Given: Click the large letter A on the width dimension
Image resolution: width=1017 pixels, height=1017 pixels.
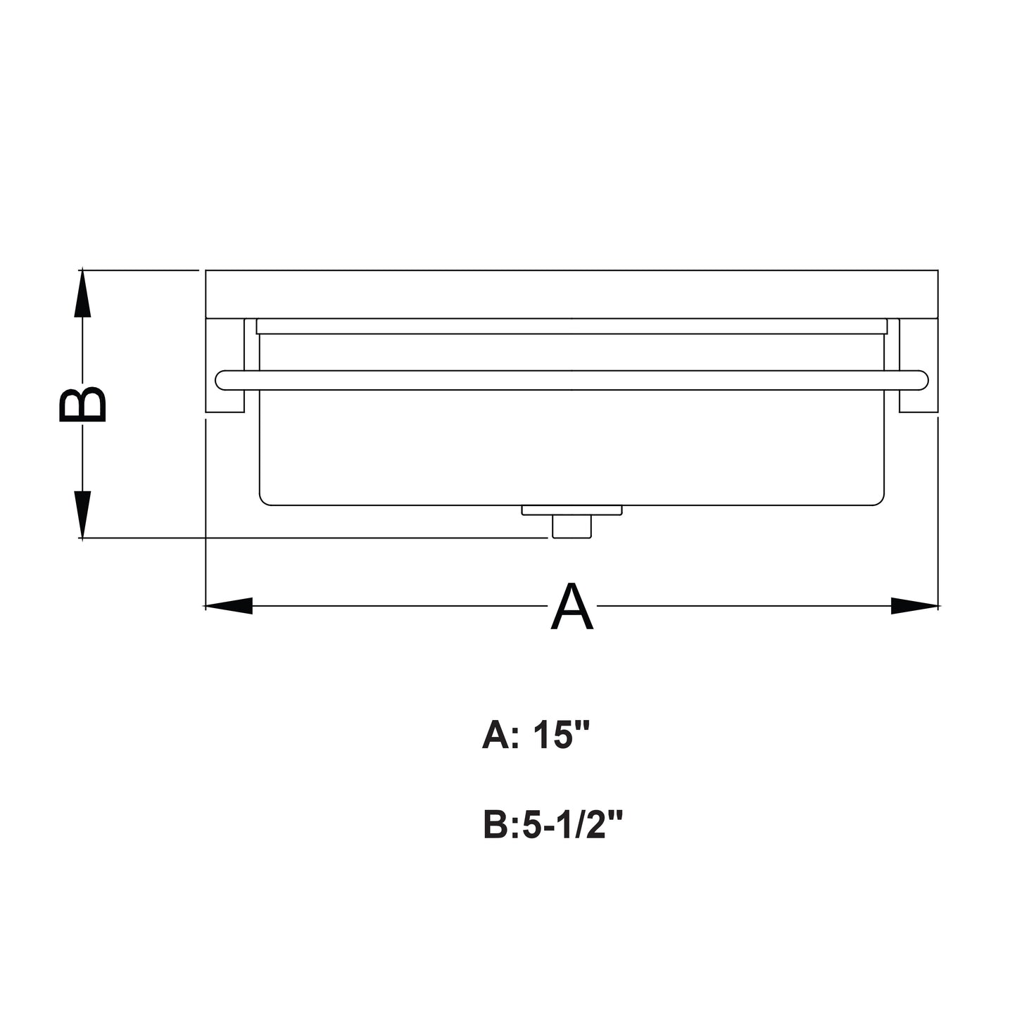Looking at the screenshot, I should pyautogui.click(x=571, y=607).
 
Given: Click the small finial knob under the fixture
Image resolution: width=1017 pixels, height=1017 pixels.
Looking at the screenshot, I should pyautogui.click(x=572, y=526).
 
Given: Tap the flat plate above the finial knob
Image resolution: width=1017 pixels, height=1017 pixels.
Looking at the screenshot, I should pyautogui.click(x=572, y=510).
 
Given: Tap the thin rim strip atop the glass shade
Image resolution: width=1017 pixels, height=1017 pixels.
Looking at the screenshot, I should pyautogui.click(x=571, y=327).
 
